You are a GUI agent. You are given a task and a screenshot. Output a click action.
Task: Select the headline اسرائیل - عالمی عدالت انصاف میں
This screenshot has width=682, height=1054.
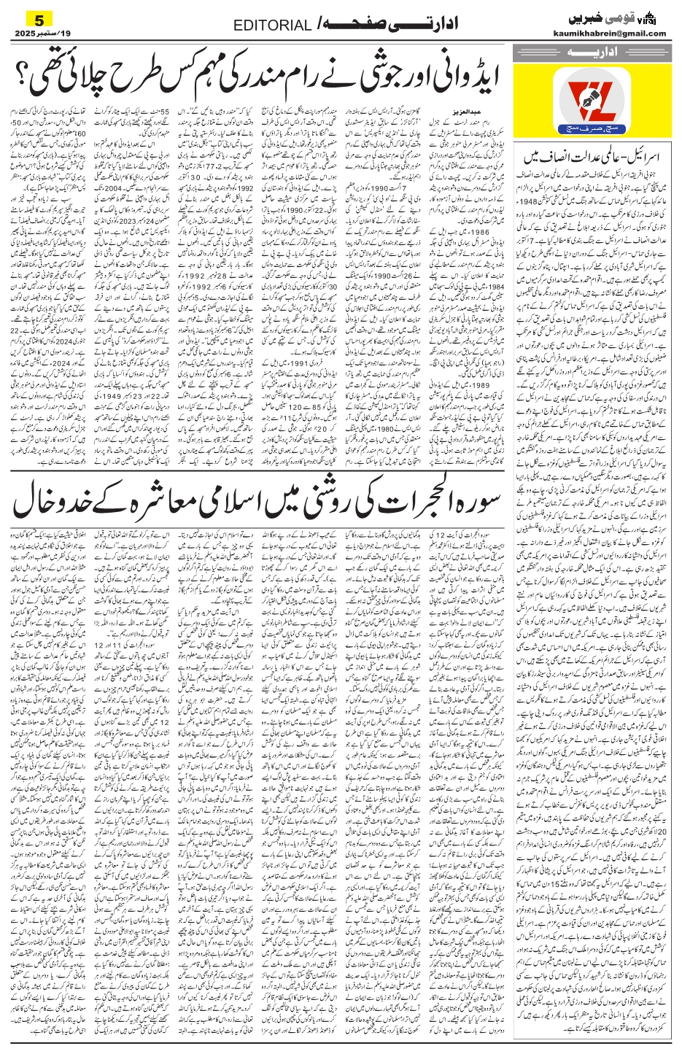596,156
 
